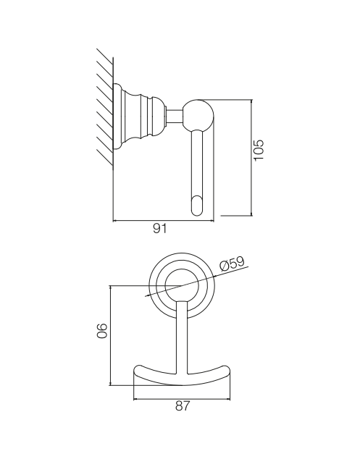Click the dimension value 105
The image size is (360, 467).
click(259, 149)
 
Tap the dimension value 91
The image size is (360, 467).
click(160, 229)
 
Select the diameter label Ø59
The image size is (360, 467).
click(232, 263)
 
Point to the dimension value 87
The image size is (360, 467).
click(182, 405)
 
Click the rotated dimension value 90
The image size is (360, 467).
click(101, 330)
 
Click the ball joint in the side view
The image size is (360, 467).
click(198, 115)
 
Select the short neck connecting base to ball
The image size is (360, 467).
click(175, 116)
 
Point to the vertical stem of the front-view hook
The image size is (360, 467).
click(182, 337)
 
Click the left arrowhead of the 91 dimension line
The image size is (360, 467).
click(114, 221)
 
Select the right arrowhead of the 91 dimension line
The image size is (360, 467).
click(212, 221)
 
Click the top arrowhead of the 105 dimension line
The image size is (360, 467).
click(252, 101)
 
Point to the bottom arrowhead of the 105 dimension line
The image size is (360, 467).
click(252, 214)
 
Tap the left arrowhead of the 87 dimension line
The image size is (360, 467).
click(135, 398)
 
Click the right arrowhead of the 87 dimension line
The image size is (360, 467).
click(228, 398)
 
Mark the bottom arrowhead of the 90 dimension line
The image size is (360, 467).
click(111, 384)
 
